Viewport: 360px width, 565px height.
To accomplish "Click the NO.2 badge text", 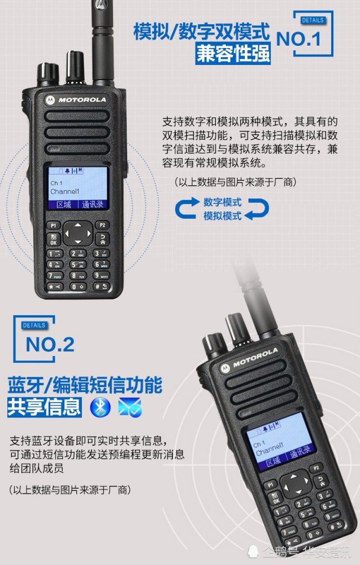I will pos(50,344).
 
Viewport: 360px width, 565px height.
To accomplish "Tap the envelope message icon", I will pos(129,407).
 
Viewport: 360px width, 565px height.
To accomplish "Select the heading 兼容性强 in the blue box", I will pos(233,54).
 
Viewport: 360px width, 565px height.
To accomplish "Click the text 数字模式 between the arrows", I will pos(222,202).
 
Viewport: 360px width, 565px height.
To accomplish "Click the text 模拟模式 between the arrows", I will pos(222,216).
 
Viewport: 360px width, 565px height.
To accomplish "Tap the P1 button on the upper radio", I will pos(54,225).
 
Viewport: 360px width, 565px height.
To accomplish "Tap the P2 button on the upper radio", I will pos(101,225).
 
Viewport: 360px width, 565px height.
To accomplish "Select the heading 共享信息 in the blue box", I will pos(44,407).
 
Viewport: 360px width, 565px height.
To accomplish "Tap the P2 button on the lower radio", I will pos(316,467).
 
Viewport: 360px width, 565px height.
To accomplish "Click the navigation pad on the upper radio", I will pos(77,232).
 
